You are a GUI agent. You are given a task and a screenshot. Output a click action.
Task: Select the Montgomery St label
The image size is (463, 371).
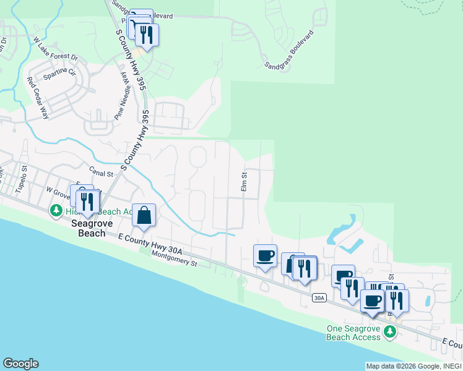[x=174, y=258]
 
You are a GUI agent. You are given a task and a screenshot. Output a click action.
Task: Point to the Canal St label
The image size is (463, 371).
[x=101, y=171]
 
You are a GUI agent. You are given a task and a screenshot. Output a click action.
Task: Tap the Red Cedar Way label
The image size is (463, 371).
[x=37, y=97]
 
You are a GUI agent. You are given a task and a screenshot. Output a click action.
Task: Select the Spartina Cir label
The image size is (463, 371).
[x=59, y=76]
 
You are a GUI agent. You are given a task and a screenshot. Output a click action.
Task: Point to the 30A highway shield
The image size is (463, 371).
[x=319, y=298]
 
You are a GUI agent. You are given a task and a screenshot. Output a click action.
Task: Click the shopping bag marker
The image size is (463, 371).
[x=144, y=216]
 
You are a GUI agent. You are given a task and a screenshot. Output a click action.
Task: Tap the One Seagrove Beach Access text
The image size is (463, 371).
[x=353, y=333]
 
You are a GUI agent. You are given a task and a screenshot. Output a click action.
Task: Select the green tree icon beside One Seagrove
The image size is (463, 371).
[x=389, y=332]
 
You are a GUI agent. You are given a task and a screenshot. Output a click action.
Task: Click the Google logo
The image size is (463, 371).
[x=20, y=364]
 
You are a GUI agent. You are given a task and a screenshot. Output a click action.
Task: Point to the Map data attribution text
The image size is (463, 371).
[x=413, y=366]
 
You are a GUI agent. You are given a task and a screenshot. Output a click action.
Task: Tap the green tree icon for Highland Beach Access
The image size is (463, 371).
[x=56, y=211]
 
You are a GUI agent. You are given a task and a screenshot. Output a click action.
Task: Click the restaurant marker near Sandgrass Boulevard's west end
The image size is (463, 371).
[x=146, y=35]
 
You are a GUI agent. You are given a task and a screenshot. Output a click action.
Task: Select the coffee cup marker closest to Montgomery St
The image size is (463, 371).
[x=265, y=256]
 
